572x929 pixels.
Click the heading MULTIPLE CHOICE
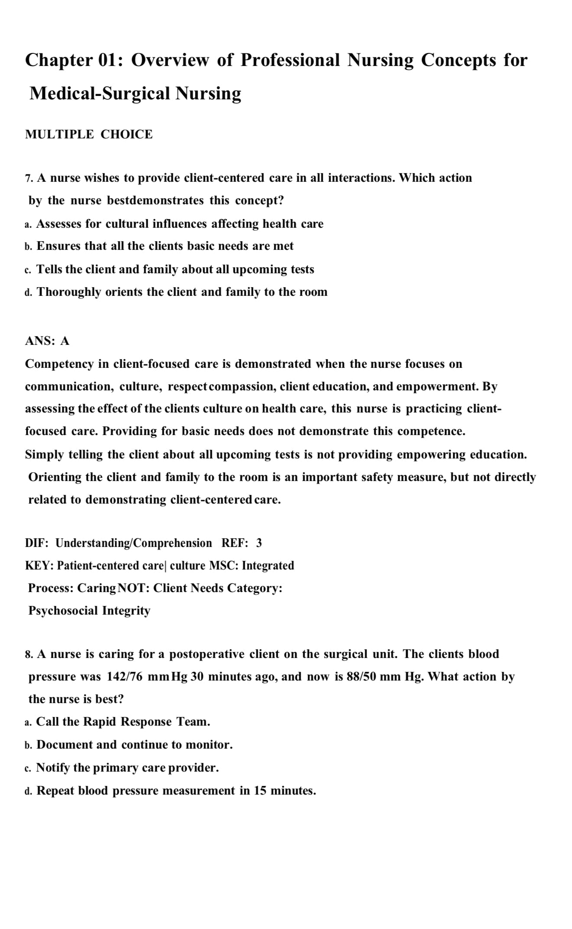(89, 134)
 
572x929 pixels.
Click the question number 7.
(29, 178)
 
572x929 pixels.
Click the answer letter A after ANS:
(65, 341)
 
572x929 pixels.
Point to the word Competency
(59, 364)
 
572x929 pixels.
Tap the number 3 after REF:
(259, 543)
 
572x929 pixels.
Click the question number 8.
(29, 654)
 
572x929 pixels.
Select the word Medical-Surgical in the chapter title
(99, 93)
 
